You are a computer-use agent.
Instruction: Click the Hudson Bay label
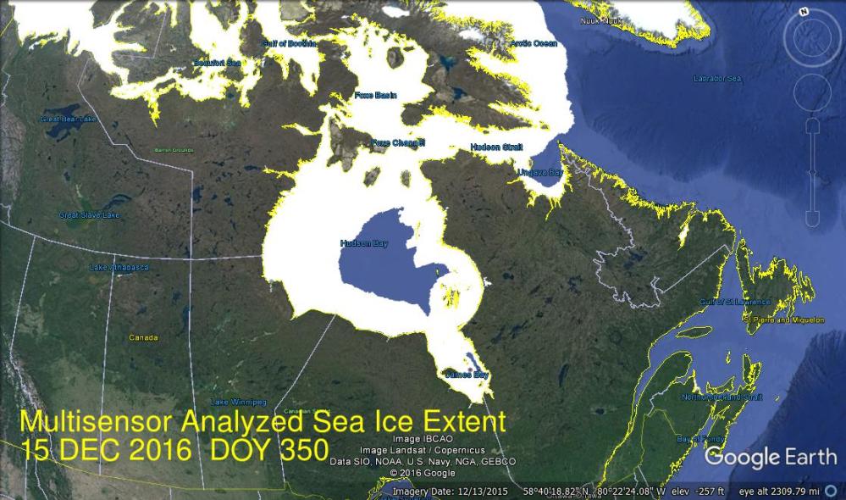[x=364, y=242]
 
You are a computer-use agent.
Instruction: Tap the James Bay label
[x=467, y=375]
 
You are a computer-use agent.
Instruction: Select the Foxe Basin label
[x=375, y=95]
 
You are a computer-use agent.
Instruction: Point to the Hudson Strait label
[x=496, y=147]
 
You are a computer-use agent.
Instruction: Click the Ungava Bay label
[x=539, y=172]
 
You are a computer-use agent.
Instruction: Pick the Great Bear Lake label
[x=68, y=119]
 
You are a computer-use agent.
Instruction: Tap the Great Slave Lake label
[x=89, y=215]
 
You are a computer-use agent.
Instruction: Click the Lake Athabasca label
[x=119, y=268]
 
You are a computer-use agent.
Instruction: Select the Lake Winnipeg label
[x=238, y=401]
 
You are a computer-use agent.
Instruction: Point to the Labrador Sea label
[x=717, y=79]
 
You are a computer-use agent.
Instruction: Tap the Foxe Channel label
[x=398, y=142]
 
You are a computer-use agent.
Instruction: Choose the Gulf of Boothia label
[x=289, y=42]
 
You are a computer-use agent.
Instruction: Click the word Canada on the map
[x=143, y=337]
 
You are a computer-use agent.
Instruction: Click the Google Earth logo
[x=771, y=458]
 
